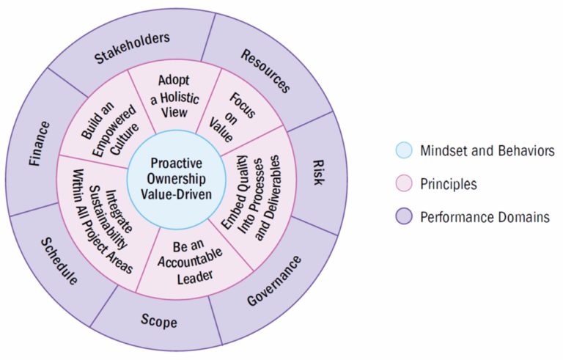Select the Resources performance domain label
(265, 71)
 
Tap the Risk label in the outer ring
(317, 169)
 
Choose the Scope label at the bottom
(158, 320)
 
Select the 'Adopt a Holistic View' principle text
(169, 95)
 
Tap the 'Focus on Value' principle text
(235, 117)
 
